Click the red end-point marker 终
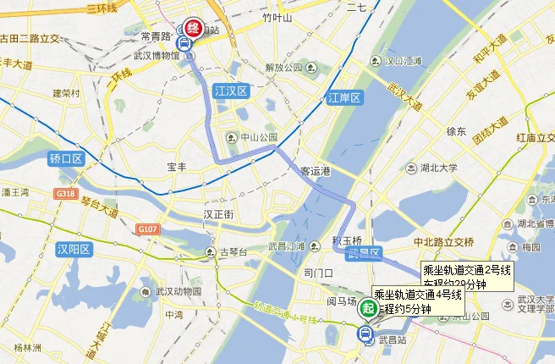pyautogui.click(x=192, y=28)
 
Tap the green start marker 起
pyautogui.click(x=367, y=308)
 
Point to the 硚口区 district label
pyautogui.click(x=66, y=159)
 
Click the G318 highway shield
pyautogui.click(x=66, y=194)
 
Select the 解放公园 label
pyautogui.click(x=283, y=68)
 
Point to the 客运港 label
pyautogui.click(x=314, y=170)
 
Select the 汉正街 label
pyautogui.click(x=217, y=215)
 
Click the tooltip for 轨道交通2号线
pyautogui.click(x=468, y=276)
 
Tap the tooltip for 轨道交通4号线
pyautogui.click(x=418, y=301)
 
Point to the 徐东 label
pyautogui.click(x=456, y=131)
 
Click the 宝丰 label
pyautogui.click(x=177, y=168)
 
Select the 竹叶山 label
pyautogui.click(x=277, y=17)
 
